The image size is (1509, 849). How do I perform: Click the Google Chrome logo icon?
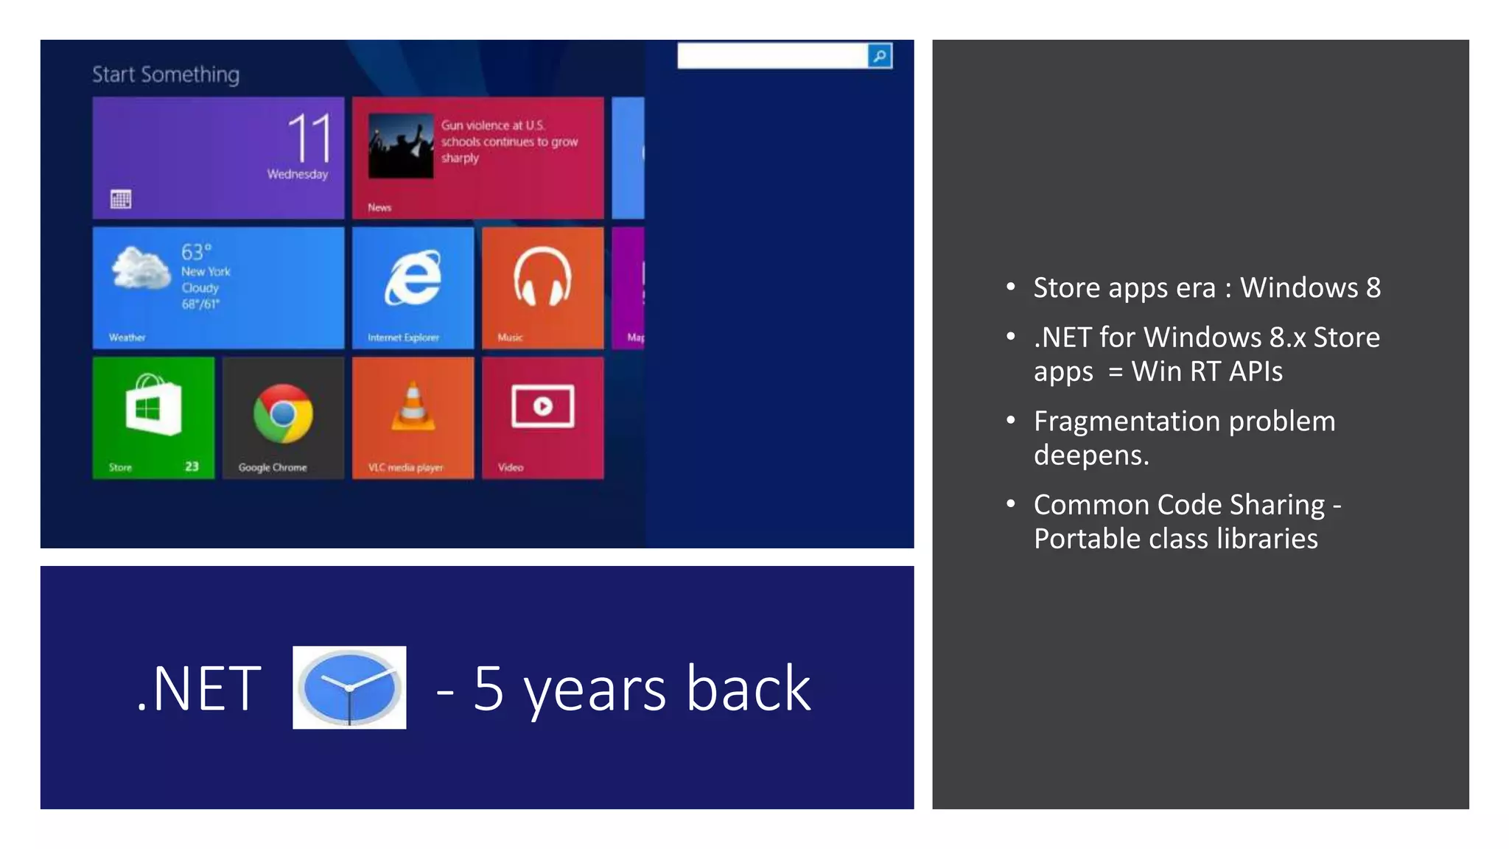point(283,413)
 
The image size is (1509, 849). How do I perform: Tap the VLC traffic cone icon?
point(413,407)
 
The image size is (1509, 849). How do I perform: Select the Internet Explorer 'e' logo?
point(413,278)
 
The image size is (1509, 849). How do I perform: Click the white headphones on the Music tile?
point(542,276)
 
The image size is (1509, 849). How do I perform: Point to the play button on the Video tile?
point(543,406)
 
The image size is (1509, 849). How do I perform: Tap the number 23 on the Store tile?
point(192,467)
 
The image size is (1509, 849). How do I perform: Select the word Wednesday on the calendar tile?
point(297,175)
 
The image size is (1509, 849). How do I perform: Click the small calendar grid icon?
point(121,199)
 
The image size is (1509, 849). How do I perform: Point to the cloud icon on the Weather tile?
point(140,268)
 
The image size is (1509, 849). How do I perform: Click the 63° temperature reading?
point(197,252)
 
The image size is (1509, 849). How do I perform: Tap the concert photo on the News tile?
point(401,146)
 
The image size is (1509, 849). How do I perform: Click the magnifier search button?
point(880,56)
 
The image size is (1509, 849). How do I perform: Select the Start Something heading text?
point(166,74)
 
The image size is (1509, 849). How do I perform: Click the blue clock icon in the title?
point(349,687)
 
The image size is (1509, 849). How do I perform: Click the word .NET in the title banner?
point(199,688)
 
